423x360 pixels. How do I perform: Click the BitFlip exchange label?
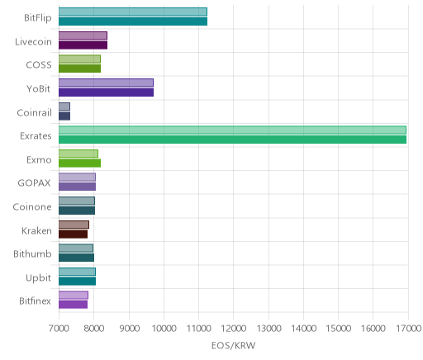click(x=38, y=17)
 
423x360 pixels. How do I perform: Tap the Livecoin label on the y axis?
click(x=33, y=41)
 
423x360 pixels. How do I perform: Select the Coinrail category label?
click(x=34, y=112)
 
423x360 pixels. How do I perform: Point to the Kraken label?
click(x=36, y=230)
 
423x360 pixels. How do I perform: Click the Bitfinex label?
click(x=35, y=301)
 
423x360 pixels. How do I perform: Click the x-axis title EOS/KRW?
click(x=233, y=345)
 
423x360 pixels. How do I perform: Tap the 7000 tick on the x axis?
click(x=59, y=329)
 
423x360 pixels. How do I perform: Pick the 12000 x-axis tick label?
click(x=234, y=329)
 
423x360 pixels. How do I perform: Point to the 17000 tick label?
click(x=409, y=329)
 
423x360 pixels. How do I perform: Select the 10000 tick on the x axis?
click(x=164, y=329)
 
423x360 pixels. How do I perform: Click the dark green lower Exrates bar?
click(x=232, y=140)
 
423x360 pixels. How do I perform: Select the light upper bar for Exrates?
click(x=232, y=130)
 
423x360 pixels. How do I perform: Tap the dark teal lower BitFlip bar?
click(x=133, y=21)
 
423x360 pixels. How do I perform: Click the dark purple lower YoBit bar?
click(x=106, y=92)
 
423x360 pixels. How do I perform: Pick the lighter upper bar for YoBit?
click(x=106, y=83)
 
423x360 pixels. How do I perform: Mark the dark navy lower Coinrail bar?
click(x=64, y=116)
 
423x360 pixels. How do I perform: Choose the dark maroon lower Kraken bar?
click(x=73, y=234)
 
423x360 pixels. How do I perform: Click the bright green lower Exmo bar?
click(x=79, y=163)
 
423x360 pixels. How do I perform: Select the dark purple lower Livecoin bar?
click(x=83, y=45)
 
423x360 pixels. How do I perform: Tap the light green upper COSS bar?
click(x=79, y=59)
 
